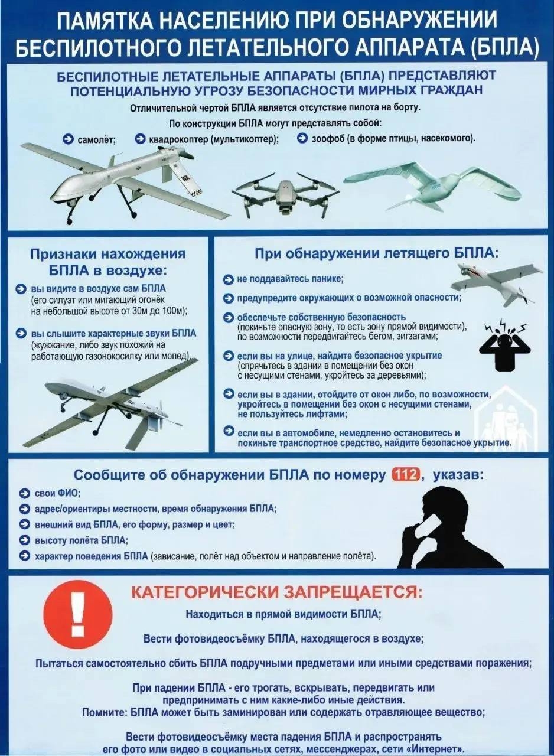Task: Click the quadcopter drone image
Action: tap(285, 191)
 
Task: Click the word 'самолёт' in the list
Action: tap(96, 139)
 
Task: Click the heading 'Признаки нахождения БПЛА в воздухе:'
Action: tap(107, 262)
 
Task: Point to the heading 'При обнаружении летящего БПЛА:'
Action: tap(376, 253)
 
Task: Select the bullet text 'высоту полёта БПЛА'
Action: tap(81, 540)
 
